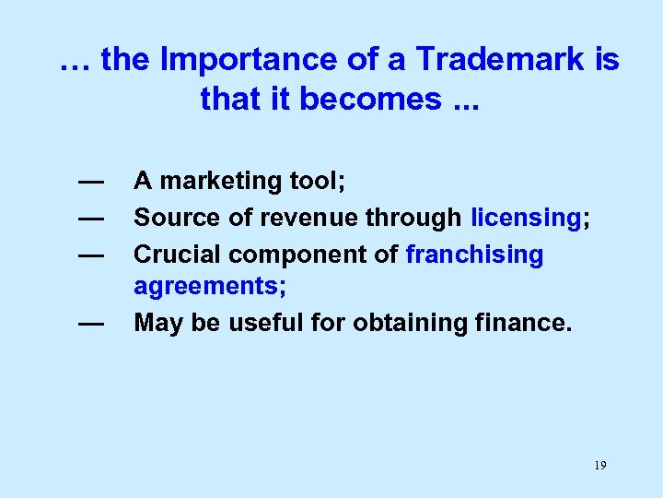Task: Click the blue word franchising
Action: coord(474,254)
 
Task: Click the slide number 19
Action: coord(599,466)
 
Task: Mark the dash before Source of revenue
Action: coord(90,219)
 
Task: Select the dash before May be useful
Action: coord(90,324)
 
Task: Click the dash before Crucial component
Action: coord(90,255)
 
